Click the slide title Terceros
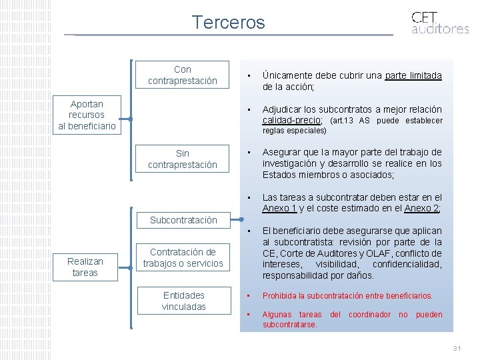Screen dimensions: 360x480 228,22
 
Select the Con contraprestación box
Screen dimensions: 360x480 182,75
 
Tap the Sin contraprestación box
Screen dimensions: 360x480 182,159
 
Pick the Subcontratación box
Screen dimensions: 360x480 183,219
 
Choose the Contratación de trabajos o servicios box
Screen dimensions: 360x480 183,258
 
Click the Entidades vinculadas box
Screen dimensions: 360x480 183,301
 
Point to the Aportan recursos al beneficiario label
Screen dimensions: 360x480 87,115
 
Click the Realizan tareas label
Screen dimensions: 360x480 85,267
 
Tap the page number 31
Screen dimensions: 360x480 457,349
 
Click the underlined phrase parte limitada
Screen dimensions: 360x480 413,75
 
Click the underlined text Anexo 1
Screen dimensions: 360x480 280,208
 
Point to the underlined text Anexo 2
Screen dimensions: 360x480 421,208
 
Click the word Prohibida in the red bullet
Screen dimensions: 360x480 283,295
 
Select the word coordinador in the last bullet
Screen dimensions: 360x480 370,314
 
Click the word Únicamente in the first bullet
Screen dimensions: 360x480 289,75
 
